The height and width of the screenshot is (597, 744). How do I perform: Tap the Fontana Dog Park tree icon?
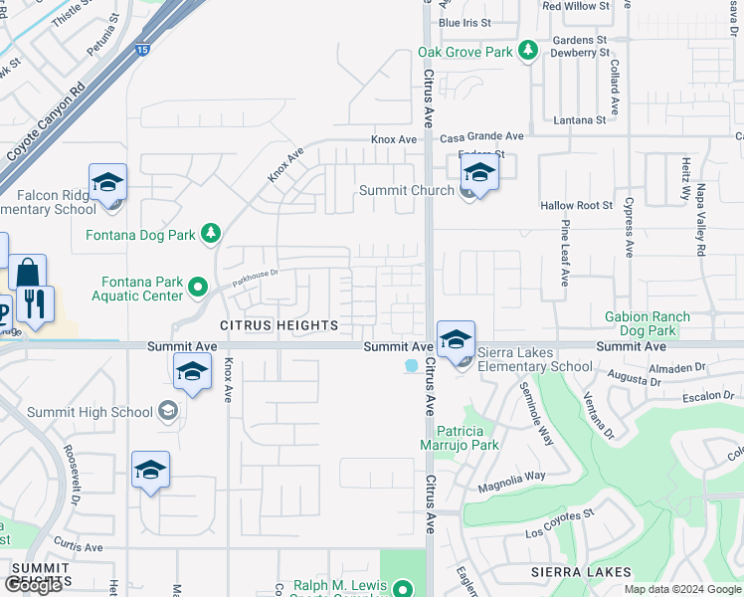click(210, 234)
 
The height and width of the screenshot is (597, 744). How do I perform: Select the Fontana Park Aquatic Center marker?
click(197, 289)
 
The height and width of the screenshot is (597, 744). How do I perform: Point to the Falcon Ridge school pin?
click(107, 185)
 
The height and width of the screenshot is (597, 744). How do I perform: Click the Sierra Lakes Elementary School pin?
click(455, 340)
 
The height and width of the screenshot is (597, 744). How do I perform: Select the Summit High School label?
click(91, 412)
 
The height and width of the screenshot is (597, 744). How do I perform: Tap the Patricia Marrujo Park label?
click(467, 438)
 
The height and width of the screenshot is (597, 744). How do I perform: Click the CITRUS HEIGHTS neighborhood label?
click(279, 325)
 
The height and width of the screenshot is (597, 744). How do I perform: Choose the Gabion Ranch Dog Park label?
click(647, 323)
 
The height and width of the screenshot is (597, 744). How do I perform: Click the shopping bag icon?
click(28, 275)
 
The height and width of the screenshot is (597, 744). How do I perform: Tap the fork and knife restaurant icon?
click(36, 304)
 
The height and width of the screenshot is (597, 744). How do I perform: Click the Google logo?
click(33, 585)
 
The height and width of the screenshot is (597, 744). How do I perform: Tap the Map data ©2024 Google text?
click(682, 589)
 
